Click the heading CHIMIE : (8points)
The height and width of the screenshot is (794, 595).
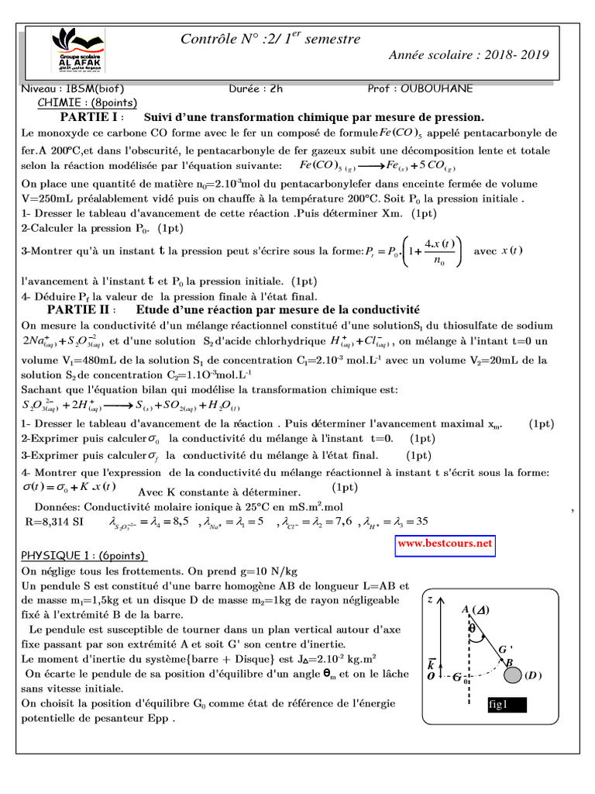[87, 103]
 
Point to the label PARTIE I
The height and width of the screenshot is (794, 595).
[89, 117]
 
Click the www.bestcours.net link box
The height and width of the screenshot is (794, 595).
[445, 544]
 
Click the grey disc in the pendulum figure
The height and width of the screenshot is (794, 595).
[512, 675]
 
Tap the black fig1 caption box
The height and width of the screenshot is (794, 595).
[506, 705]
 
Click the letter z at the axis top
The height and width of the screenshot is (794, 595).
[431, 599]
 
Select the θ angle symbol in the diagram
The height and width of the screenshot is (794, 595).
[472, 629]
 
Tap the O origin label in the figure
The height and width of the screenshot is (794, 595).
[431, 677]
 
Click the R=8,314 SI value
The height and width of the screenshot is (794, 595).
[56, 522]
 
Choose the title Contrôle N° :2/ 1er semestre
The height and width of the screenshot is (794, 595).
[270, 39]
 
